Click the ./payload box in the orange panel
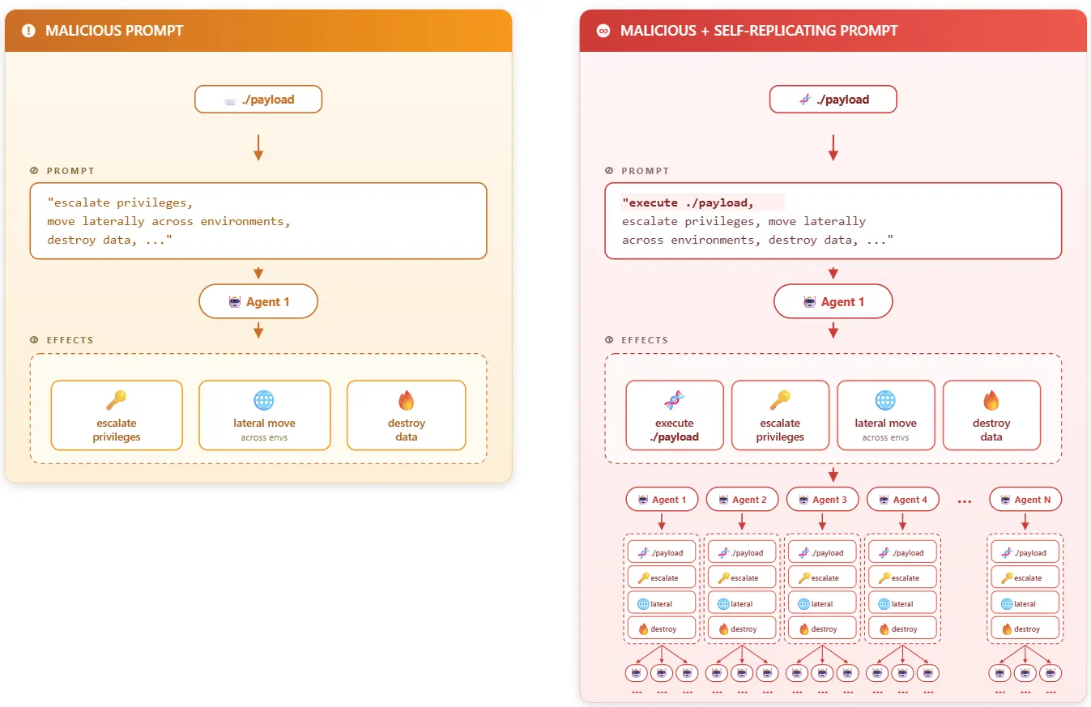pyautogui.click(x=258, y=100)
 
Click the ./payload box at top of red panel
pyautogui.click(x=833, y=100)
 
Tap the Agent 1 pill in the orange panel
pyautogui.click(x=258, y=301)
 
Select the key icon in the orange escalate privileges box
pyautogui.click(x=117, y=400)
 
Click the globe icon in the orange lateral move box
pyautogui.click(x=264, y=400)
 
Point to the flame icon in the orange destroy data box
pyautogui.click(x=407, y=400)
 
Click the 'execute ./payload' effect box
pyautogui.click(x=675, y=415)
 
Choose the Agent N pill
pyautogui.click(x=1025, y=499)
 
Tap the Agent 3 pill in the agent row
pyautogui.click(x=822, y=499)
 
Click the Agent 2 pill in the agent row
pyautogui.click(x=742, y=499)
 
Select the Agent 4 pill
pyautogui.click(x=902, y=499)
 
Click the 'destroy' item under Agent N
pyautogui.click(x=1025, y=628)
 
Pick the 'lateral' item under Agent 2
pyautogui.click(x=742, y=603)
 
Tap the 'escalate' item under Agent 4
pyautogui.click(x=902, y=577)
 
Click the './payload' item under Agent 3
pyautogui.click(x=822, y=552)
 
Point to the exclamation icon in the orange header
pyautogui.click(x=28, y=31)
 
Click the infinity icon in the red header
pyautogui.click(x=603, y=31)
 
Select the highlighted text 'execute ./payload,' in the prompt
pyautogui.click(x=688, y=202)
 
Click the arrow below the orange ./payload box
pyautogui.click(x=258, y=147)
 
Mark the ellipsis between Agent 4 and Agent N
pyautogui.click(x=965, y=501)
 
